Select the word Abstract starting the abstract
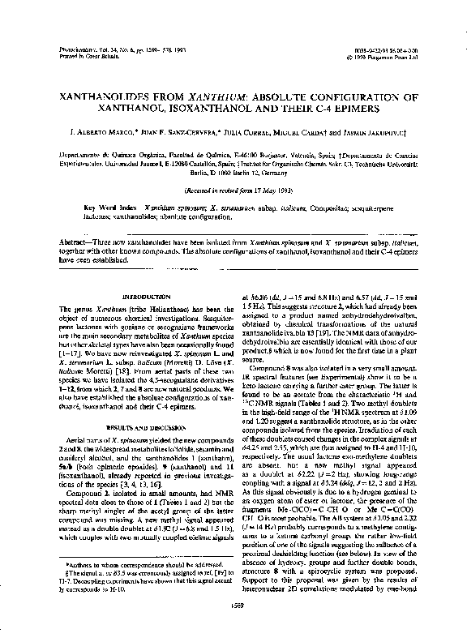[x=79, y=242]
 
